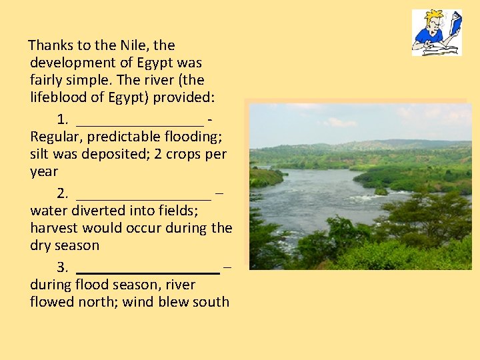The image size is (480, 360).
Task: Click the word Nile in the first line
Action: click(135, 45)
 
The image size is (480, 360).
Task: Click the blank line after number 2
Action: click(144, 195)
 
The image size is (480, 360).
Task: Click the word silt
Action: click(41, 154)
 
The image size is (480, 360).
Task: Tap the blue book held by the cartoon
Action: click(455, 25)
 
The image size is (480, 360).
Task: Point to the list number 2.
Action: click(63, 194)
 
